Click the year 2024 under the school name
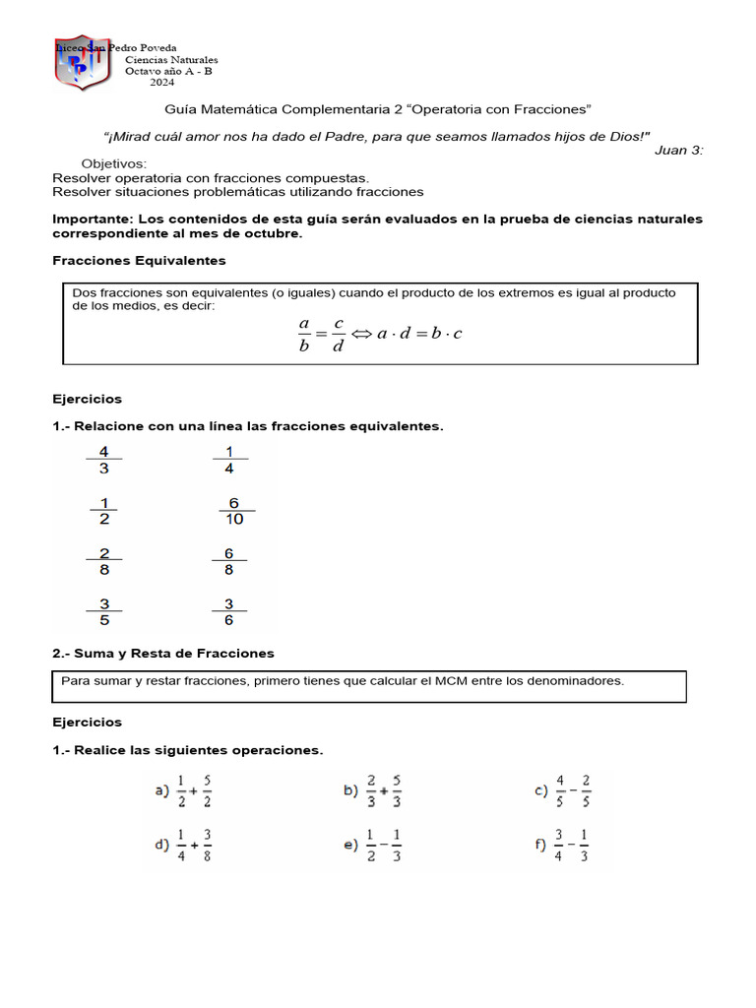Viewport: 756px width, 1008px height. (x=162, y=83)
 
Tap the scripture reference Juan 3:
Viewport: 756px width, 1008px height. (x=678, y=150)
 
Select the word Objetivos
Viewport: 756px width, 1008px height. (x=113, y=163)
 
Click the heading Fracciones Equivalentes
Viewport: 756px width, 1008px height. (x=139, y=261)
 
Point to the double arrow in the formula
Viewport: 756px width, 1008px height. (x=361, y=334)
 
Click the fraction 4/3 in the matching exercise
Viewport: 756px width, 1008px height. (x=104, y=461)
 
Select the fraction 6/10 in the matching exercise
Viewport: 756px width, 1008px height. (x=233, y=511)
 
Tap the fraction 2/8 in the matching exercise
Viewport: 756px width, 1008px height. (x=104, y=561)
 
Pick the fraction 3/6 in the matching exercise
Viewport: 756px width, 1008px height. (x=228, y=611)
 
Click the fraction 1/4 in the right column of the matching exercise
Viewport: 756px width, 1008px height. (x=229, y=461)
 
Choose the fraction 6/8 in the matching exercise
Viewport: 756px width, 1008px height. (x=228, y=561)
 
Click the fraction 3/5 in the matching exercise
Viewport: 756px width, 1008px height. (x=104, y=611)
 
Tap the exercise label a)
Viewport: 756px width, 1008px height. (x=161, y=790)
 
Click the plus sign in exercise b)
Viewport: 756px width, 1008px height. (x=382, y=790)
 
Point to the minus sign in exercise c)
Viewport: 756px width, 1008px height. (x=572, y=790)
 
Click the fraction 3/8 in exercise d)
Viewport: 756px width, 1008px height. (x=208, y=845)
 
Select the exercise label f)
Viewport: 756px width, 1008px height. (x=540, y=845)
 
